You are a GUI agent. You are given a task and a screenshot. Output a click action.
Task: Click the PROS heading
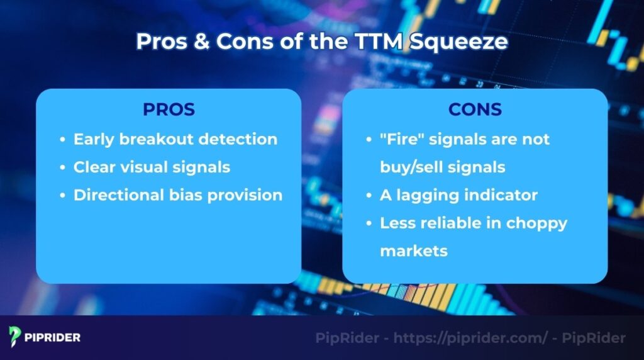tap(169, 110)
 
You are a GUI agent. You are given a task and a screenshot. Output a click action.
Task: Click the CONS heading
tap(475, 110)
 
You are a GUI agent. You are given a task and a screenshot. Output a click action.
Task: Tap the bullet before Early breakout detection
tap(62, 140)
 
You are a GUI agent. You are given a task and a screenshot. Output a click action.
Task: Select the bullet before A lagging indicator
tap(369, 196)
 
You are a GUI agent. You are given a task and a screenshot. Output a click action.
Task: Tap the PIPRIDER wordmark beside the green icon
tap(53, 337)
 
